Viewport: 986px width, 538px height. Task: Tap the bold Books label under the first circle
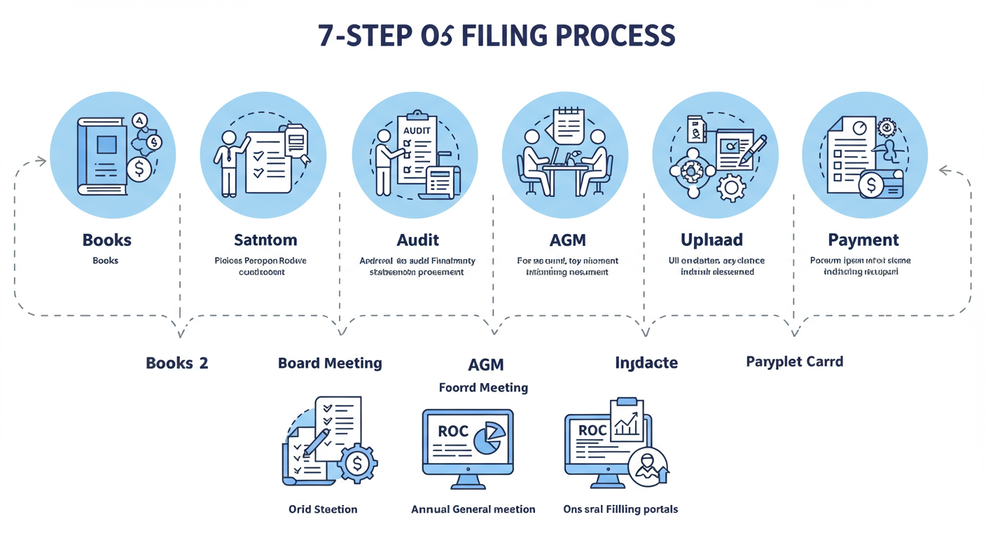click(x=106, y=240)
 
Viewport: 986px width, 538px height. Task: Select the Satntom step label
click(x=265, y=240)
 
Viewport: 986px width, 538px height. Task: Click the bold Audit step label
click(x=417, y=240)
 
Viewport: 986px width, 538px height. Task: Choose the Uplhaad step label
click(x=711, y=240)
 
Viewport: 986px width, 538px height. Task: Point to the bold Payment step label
click(x=863, y=240)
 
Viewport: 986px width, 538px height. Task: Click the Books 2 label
click(x=176, y=363)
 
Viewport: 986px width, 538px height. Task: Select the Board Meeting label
click(x=330, y=363)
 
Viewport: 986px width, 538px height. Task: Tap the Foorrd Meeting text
click(x=483, y=387)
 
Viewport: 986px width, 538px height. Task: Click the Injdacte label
click(x=646, y=363)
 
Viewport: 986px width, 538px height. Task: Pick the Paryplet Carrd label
click(x=794, y=362)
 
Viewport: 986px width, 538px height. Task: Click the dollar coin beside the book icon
click(x=139, y=169)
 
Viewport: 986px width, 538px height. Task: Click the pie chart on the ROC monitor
click(x=489, y=439)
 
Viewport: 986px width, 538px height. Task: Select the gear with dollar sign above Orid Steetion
click(x=358, y=463)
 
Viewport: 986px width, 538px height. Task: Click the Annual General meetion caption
click(x=473, y=509)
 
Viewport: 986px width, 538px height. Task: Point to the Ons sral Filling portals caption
click(x=620, y=509)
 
